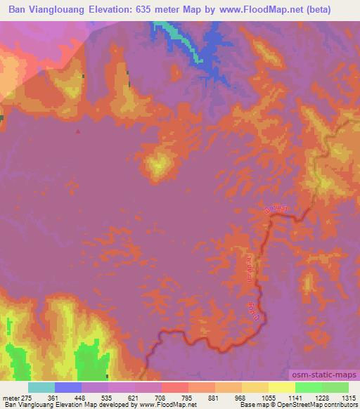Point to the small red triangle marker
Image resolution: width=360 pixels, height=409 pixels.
[78, 130]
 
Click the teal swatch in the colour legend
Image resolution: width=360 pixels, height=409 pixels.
[41, 387]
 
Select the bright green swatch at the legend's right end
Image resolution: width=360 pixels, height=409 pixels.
[335, 387]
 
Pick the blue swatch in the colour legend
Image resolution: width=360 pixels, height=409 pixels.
[68, 387]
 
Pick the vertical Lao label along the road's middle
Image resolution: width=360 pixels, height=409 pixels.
[250, 266]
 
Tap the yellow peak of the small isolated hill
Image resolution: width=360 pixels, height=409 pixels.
[158, 164]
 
